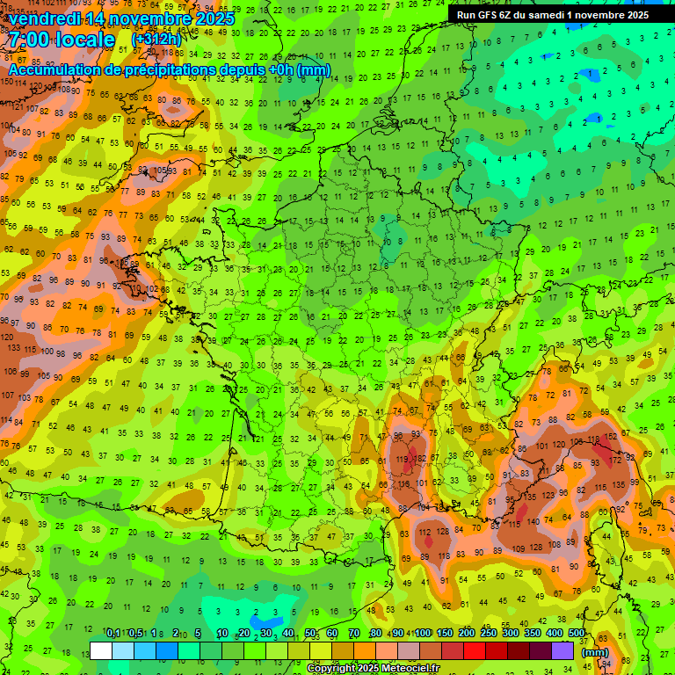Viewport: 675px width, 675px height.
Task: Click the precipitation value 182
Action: coord(421,459)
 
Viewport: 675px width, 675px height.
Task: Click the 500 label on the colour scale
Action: coord(577,634)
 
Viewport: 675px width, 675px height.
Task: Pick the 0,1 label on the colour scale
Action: coord(112,634)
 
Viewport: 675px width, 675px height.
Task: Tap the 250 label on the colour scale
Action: coord(488,634)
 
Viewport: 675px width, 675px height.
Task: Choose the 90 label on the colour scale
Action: coord(399,634)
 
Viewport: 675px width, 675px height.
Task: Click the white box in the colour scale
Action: coord(101,650)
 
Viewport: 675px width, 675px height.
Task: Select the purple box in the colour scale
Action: coord(562,650)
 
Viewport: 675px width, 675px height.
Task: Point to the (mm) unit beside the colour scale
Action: coord(595,652)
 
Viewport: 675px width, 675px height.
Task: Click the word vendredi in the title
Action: coord(45,18)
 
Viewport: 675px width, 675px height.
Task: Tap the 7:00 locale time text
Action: coord(62,40)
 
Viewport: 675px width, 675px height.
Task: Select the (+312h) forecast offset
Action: coord(157,40)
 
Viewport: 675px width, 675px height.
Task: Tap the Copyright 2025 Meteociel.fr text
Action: coord(373,669)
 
